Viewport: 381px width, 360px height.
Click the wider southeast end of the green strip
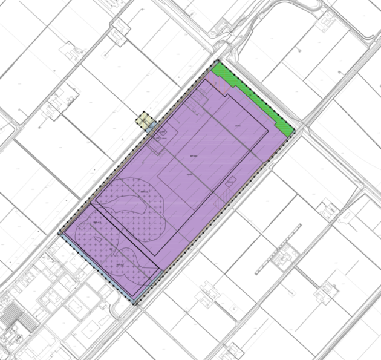point(283,125)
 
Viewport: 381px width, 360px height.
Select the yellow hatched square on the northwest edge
point(145,119)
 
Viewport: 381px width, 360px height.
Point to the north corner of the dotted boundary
point(218,62)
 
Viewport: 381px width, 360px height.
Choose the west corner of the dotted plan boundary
point(59,234)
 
